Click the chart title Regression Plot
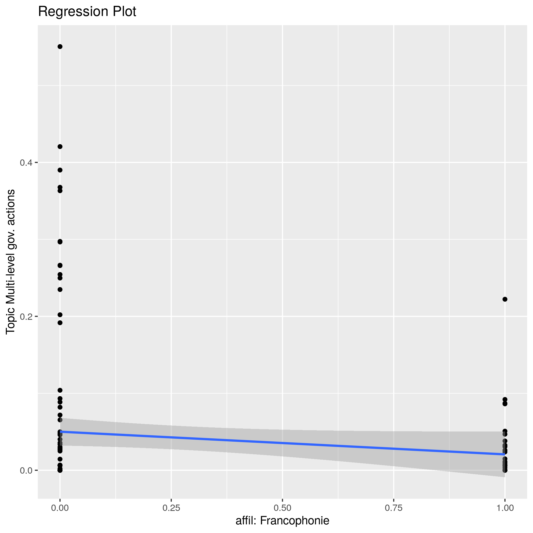coord(87,12)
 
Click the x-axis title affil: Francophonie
coord(282,520)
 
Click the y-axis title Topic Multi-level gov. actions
coord(10,261)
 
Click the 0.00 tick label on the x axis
coord(60,508)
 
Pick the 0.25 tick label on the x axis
coord(171,508)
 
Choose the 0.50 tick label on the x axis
coord(282,508)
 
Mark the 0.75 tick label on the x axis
coord(393,508)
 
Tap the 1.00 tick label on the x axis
coord(505,508)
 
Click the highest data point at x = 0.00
coord(60,47)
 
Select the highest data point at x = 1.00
coord(505,299)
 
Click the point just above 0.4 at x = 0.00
coord(60,146)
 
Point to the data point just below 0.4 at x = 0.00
coord(60,170)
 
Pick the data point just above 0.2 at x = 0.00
coord(60,315)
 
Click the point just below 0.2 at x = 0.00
coord(60,323)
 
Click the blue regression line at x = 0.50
coord(282,443)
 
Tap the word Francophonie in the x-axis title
coord(294,520)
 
